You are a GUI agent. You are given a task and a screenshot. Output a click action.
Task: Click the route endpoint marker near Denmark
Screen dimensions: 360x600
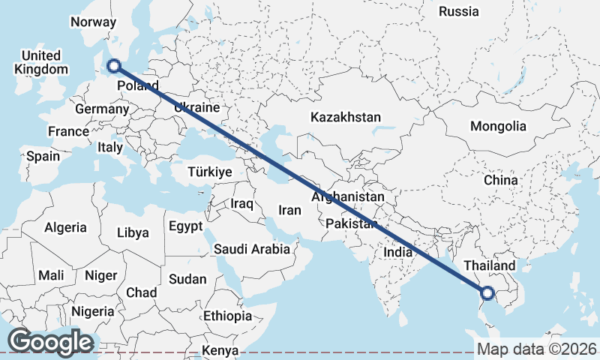point(114,66)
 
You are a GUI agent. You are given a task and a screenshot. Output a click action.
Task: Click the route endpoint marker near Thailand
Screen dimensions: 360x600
point(487,293)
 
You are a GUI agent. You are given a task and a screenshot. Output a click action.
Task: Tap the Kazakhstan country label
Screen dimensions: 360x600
point(346,118)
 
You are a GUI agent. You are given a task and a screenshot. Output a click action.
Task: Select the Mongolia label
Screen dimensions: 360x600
point(498,126)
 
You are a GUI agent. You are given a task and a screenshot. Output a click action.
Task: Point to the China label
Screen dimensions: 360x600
point(500,181)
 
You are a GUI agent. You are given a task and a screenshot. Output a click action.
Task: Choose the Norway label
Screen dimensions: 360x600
point(93,22)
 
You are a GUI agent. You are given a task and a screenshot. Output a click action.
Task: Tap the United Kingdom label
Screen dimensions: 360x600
point(40,63)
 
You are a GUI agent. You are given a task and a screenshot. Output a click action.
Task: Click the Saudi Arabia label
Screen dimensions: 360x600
point(251,249)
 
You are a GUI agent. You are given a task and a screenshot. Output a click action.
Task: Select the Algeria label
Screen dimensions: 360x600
point(65,227)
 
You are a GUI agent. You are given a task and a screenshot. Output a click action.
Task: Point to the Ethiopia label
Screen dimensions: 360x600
point(227,316)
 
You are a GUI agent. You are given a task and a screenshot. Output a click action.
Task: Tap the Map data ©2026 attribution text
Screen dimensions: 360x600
point(536,349)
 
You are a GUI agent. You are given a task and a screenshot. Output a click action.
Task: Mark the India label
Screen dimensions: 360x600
point(397,253)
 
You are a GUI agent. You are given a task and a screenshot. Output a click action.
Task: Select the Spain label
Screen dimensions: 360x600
point(43,157)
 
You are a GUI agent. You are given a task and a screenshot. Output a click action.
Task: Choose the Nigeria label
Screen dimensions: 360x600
point(93,310)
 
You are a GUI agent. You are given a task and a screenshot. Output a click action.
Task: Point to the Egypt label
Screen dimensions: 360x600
point(185,226)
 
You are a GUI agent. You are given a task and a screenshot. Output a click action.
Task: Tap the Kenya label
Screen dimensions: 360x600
point(220,350)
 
